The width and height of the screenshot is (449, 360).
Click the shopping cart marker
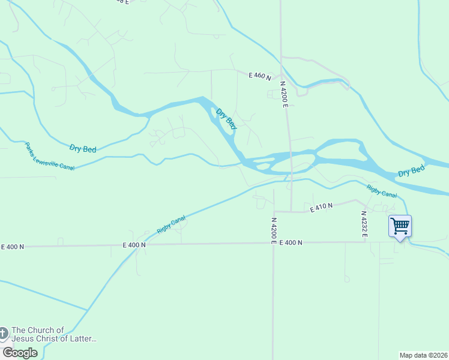pos(400,227)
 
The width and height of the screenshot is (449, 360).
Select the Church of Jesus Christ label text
pos(54,334)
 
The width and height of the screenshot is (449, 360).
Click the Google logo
pos(20,353)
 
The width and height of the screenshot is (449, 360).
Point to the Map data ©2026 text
pos(423,355)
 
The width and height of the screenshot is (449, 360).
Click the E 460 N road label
pos(260,76)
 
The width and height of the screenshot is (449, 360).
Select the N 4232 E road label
pos(364,224)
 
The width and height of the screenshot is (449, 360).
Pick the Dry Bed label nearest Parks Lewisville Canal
pos(83,148)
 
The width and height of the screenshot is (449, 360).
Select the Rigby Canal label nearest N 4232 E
pos(382,191)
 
